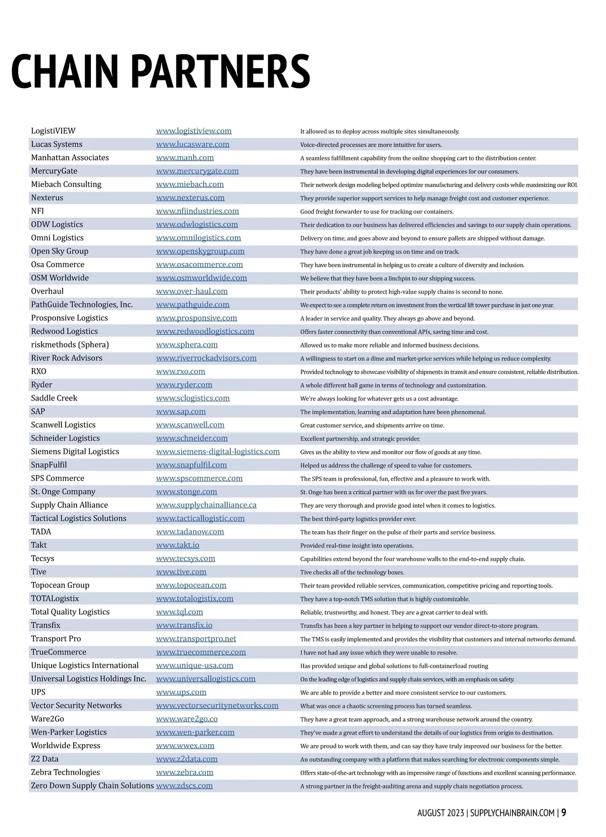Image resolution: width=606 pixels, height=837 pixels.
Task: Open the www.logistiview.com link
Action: [x=193, y=131]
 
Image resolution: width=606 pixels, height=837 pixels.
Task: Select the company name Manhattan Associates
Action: [x=70, y=158]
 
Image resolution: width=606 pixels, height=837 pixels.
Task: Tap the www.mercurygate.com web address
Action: [x=197, y=171]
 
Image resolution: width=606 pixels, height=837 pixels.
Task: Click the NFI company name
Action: [x=37, y=211]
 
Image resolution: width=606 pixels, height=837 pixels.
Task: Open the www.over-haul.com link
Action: [x=191, y=291]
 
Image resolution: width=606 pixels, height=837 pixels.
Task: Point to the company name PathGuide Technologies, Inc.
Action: [x=82, y=305]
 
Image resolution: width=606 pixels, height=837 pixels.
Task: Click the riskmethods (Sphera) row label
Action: [x=70, y=344]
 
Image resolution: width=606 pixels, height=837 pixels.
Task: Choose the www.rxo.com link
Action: [x=180, y=371]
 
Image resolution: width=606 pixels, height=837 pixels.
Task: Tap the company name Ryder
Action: [x=41, y=385]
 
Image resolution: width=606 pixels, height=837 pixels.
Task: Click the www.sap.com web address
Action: [x=181, y=412]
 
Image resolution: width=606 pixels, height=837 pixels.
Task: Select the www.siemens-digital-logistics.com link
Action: [x=218, y=452]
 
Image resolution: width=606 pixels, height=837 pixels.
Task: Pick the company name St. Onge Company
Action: [x=63, y=491]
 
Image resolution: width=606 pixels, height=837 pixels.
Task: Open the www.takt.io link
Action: [x=177, y=545]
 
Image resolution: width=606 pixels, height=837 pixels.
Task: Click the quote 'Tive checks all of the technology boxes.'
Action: [x=352, y=572]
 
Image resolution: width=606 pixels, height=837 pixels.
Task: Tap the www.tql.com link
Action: [x=179, y=612]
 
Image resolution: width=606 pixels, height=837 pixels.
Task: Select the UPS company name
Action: [x=38, y=692]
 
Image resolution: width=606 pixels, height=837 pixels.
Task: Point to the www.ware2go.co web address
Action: [x=186, y=719]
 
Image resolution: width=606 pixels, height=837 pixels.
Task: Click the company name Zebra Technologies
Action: [x=65, y=772]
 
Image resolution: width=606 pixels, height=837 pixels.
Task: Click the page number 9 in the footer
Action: [x=564, y=813]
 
